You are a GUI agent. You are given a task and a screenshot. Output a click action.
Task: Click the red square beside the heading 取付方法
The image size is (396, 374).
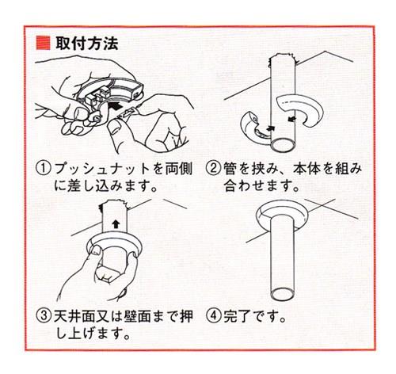point(43,44)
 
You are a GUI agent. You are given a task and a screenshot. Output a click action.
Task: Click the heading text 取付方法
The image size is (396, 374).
point(87,44)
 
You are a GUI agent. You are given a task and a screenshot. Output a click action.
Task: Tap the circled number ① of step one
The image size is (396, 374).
point(43,169)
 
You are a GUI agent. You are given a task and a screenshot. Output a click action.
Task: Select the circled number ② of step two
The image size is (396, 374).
point(213,169)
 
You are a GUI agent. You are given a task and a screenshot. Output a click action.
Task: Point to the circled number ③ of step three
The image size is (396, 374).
point(43,315)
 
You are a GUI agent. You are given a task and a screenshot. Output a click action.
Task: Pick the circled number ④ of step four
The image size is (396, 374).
point(213,316)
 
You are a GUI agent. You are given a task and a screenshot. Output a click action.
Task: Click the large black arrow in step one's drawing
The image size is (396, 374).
point(116,106)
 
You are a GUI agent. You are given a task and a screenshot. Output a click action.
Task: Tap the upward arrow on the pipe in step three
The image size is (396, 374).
point(116,224)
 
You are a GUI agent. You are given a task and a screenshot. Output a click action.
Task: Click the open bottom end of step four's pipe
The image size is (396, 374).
point(283,294)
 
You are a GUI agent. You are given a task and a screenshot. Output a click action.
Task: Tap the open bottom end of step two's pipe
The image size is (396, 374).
point(283,145)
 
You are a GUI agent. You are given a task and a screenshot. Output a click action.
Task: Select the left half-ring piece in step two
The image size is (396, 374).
point(255,126)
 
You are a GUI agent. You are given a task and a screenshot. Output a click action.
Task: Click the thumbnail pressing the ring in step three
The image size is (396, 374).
point(94,250)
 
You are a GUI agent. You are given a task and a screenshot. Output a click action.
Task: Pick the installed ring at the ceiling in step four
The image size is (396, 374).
point(282,216)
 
